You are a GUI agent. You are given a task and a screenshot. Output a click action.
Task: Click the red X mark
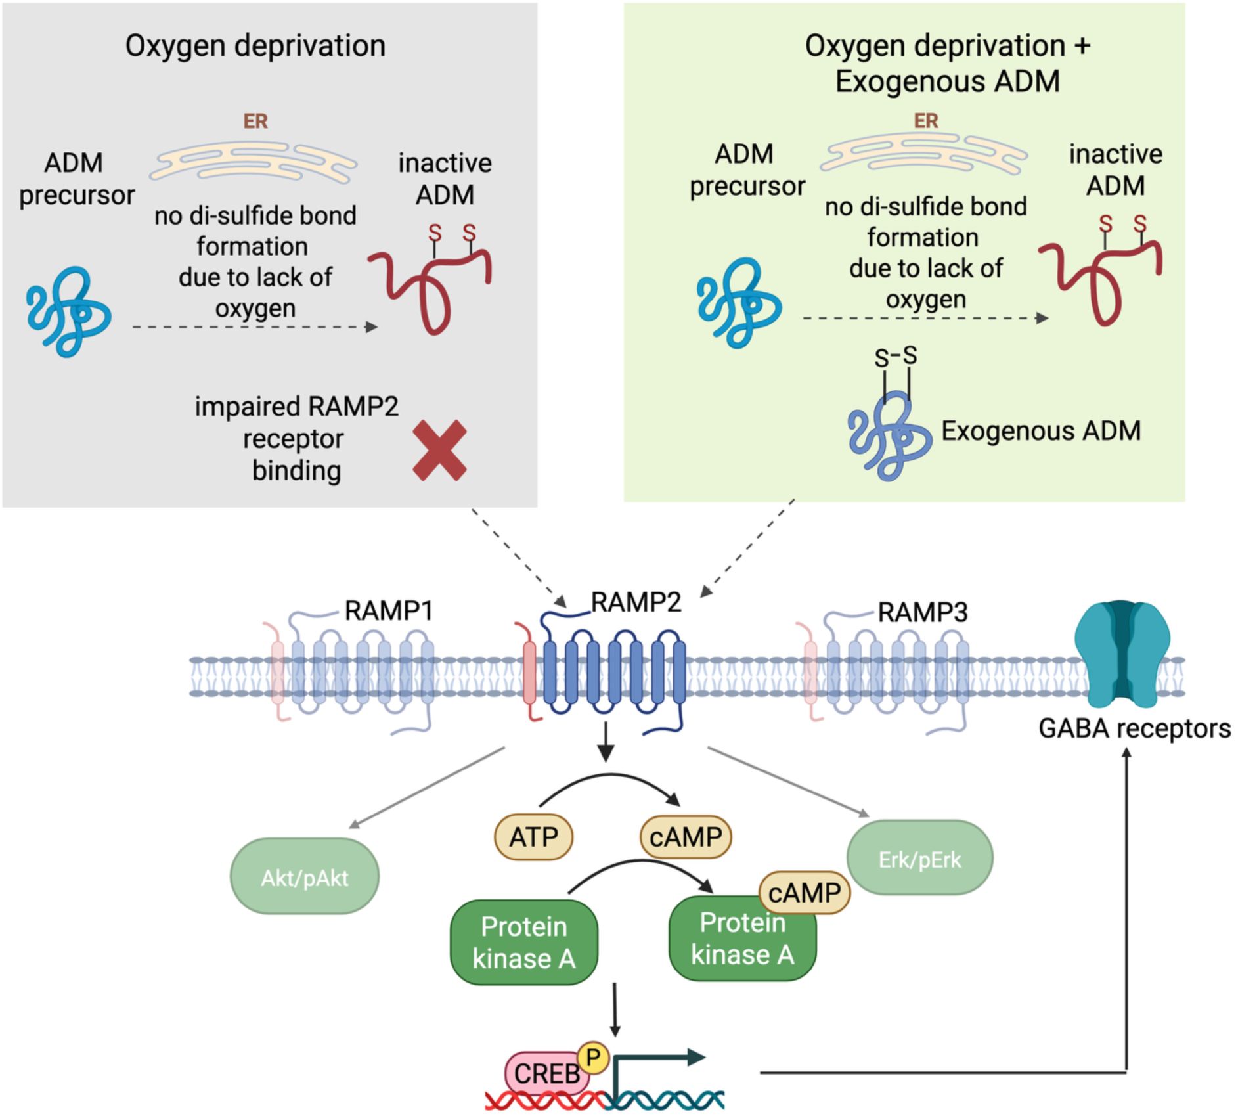[x=439, y=451]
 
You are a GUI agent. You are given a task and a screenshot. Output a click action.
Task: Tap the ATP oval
[x=533, y=837]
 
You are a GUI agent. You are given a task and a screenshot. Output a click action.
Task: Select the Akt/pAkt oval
[x=305, y=877]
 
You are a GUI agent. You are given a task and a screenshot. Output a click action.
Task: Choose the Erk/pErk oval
[x=919, y=859]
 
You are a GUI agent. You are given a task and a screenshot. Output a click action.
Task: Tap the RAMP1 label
[x=389, y=611]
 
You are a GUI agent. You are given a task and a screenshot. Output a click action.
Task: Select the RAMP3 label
[x=923, y=612]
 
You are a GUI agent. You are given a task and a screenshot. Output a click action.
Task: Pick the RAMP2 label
[x=636, y=602]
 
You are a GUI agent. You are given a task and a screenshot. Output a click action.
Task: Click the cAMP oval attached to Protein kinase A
[x=804, y=893]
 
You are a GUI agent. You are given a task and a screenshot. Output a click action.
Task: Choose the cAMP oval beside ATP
[x=686, y=837]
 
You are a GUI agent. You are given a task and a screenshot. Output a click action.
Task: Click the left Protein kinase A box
[x=523, y=943]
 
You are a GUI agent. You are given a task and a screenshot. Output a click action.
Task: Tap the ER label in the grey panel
[x=255, y=122]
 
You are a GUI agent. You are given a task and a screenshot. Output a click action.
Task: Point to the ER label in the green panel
[x=926, y=121]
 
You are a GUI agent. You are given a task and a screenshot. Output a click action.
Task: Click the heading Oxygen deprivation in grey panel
[x=255, y=46]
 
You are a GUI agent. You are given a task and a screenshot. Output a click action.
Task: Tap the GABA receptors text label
[x=1134, y=729]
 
